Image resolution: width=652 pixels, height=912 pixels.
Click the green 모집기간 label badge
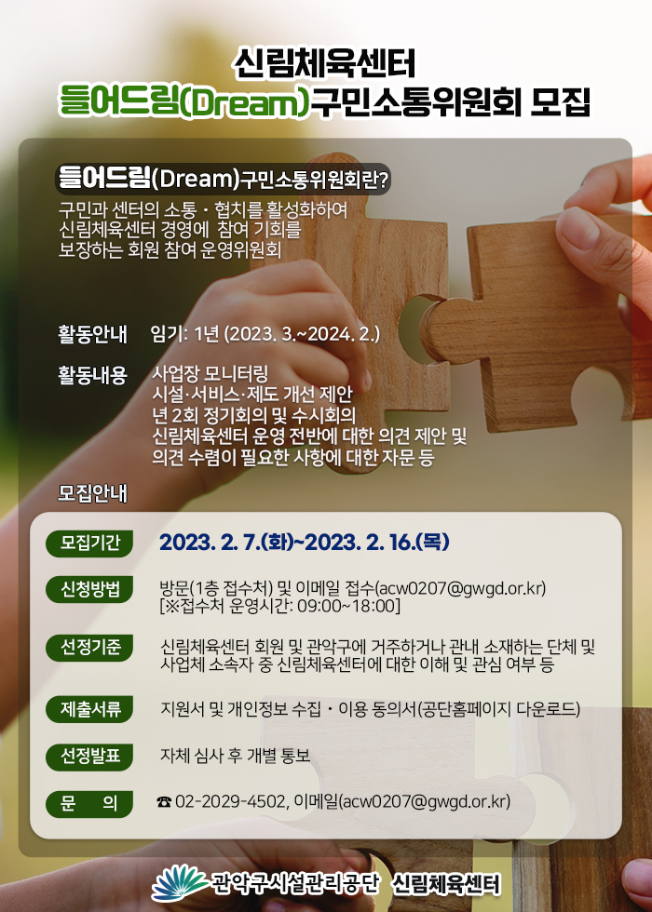89,543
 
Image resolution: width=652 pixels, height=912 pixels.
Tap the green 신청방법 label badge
89,589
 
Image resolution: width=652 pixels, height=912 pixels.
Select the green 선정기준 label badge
89,649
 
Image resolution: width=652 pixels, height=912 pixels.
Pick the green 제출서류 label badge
89,709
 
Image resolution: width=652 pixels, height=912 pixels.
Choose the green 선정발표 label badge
89,757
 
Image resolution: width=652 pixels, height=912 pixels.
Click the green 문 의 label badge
89,804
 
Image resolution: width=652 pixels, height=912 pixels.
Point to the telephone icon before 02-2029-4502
164,802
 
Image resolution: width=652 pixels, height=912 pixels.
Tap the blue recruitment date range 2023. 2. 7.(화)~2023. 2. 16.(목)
304,543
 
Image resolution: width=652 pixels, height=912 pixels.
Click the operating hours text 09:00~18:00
346,606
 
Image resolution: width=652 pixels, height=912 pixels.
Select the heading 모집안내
92,494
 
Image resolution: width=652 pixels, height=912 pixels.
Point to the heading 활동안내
92,336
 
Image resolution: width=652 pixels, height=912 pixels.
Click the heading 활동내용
92,375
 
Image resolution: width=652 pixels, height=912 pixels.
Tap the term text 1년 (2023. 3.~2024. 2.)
288,336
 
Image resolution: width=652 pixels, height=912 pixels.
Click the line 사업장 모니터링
210,371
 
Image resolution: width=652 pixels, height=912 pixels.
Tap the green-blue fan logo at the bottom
179,882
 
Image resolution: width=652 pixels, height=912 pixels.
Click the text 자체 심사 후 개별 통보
235,756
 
